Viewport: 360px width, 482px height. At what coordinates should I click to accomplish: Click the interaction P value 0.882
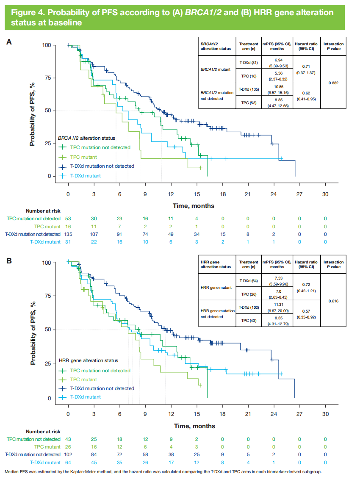[333, 83]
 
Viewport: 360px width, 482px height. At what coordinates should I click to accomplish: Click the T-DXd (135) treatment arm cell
[249, 89]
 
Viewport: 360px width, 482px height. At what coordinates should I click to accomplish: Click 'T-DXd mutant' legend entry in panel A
[85, 176]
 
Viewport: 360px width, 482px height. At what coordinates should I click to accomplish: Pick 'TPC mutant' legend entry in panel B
[83, 380]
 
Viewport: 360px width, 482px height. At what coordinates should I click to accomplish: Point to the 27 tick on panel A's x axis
[299, 194]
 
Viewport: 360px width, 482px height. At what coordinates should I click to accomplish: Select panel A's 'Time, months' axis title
[193, 206]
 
